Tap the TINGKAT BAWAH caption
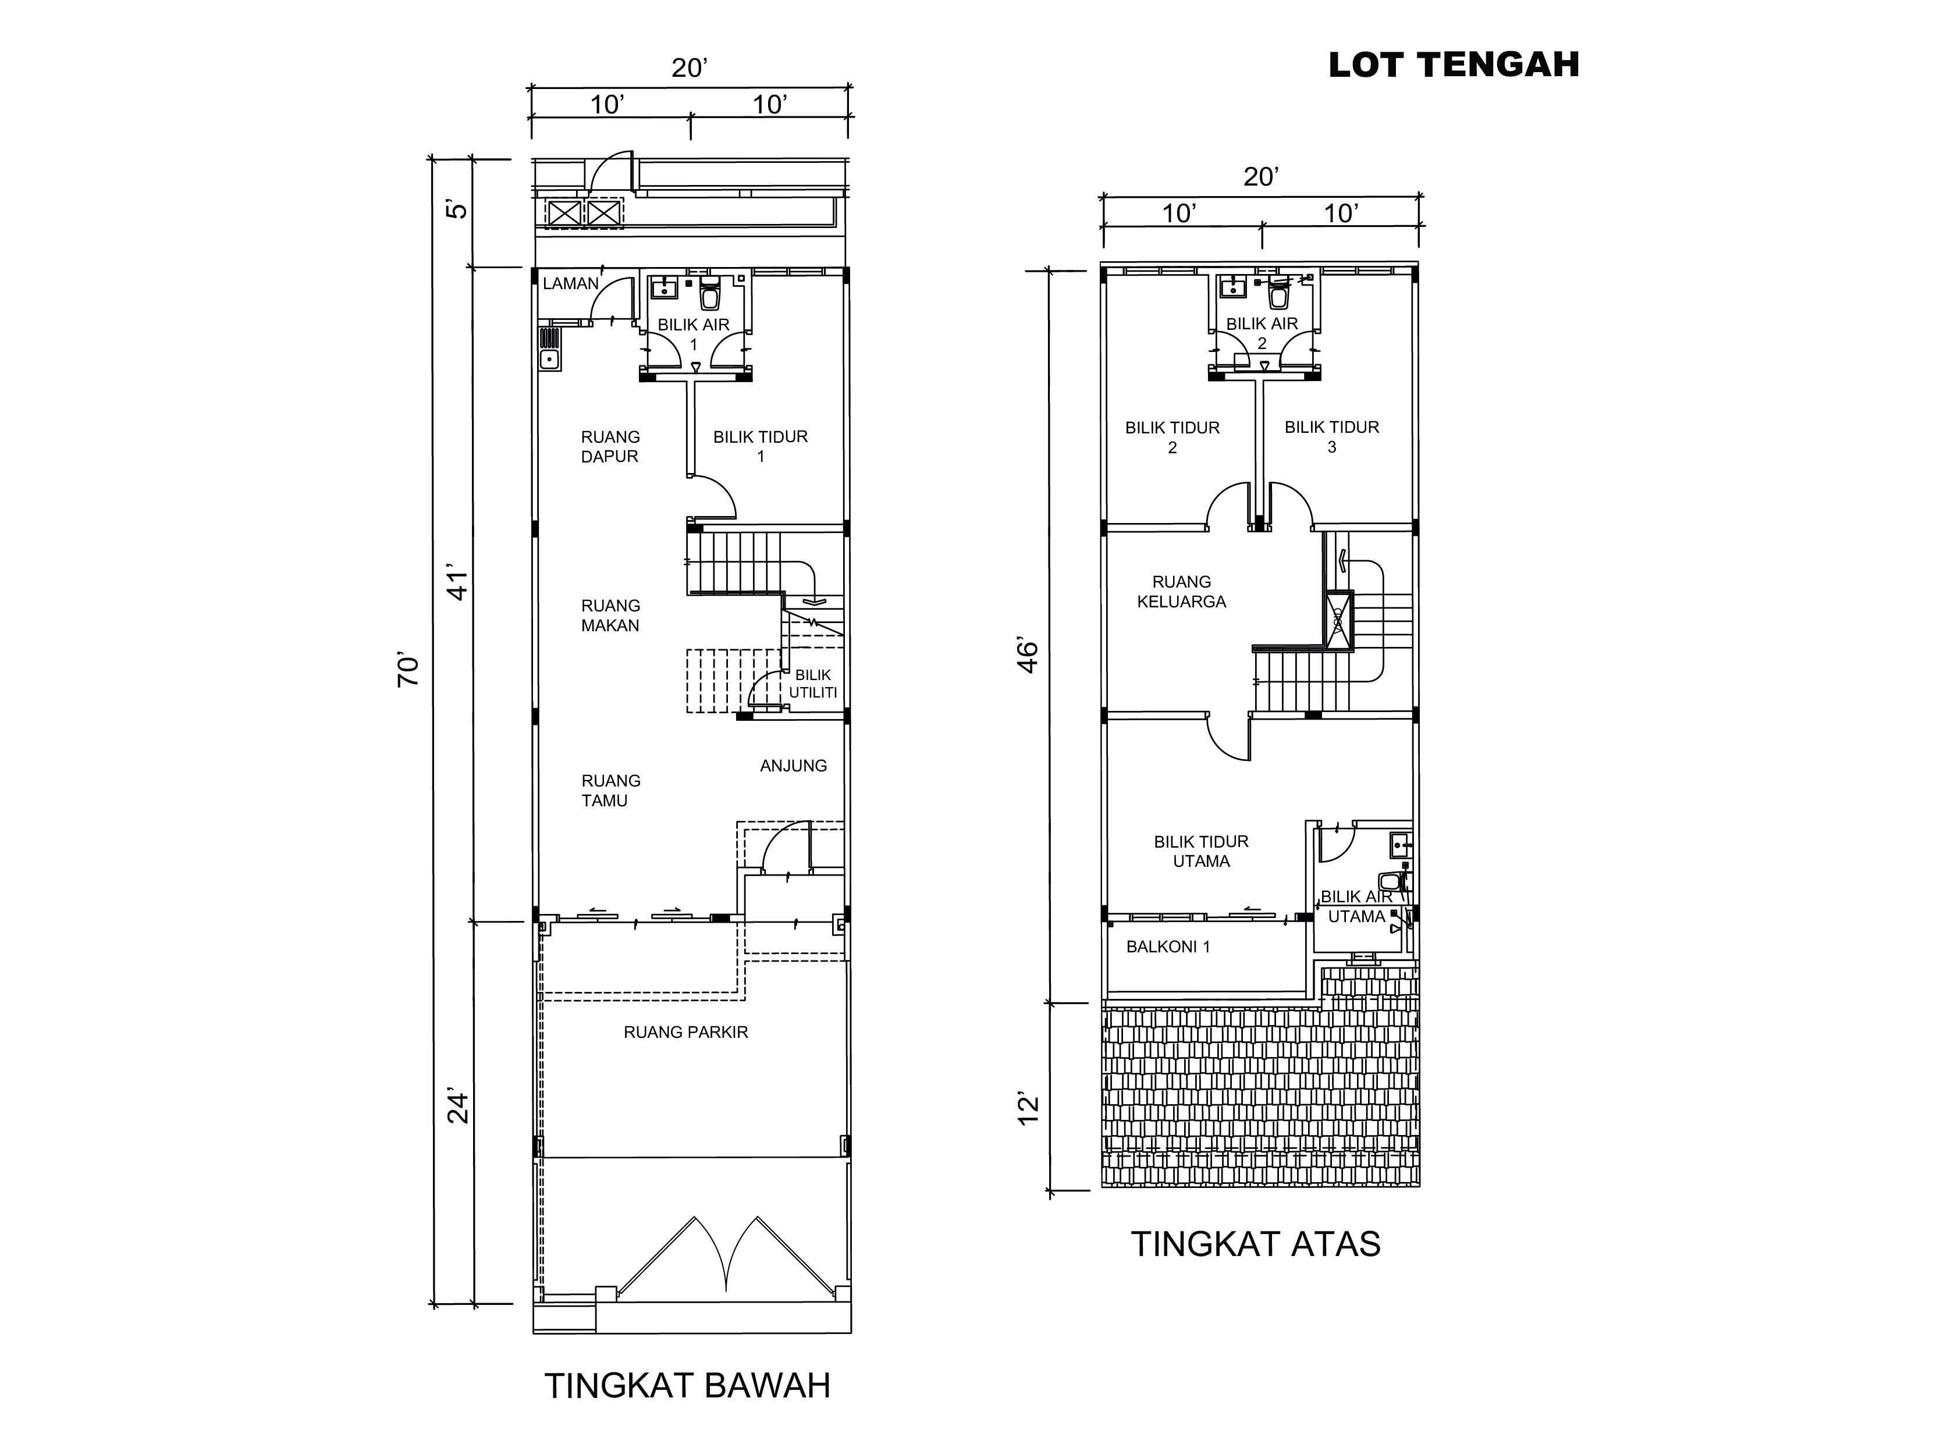pyautogui.click(x=688, y=1386)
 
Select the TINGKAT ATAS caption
pyautogui.click(x=1256, y=1244)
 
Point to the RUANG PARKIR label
pyautogui.click(x=686, y=1032)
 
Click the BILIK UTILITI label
pyautogui.click(x=813, y=683)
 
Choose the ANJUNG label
pyautogui.click(x=794, y=766)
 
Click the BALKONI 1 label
pyautogui.click(x=1168, y=947)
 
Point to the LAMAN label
pyautogui.click(x=571, y=283)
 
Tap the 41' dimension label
pyautogui.click(x=458, y=581)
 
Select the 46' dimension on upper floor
pyautogui.click(x=1027, y=656)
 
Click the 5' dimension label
pyautogui.click(x=458, y=209)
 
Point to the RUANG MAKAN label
pyautogui.click(x=610, y=616)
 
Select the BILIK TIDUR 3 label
pyautogui.click(x=1331, y=437)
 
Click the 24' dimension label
pyautogui.click(x=458, y=1107)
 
